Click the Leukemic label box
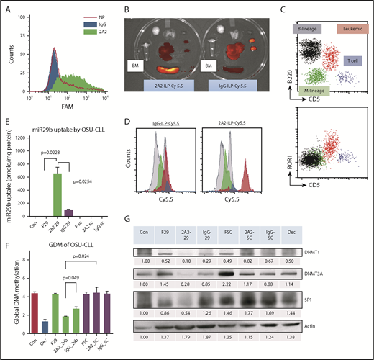pyautogui.click(x=345, y=28)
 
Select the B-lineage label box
pyautogui.click(x=306, y=28)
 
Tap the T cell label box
pyautogui.click(x=354, y=63)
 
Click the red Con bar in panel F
pyautogui.click(x=25, y=315)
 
